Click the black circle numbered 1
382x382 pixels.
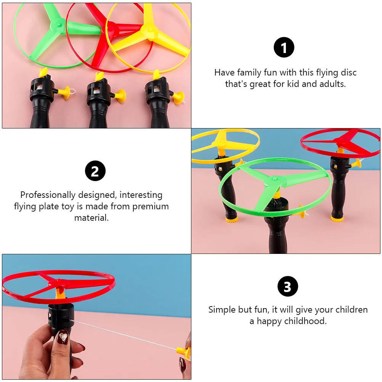(284, 48)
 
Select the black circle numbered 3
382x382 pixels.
(287, 286)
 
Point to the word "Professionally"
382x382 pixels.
(48, 195)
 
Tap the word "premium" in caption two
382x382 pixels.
(151, 207)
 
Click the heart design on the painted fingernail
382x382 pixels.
(63, 337)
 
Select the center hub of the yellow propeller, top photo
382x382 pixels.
(146, 29)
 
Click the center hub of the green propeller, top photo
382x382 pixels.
(59, 24)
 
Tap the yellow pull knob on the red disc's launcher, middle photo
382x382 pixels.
(357, 164)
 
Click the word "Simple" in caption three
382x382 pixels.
(222, 310)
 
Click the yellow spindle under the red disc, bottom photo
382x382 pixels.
(59, 292)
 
